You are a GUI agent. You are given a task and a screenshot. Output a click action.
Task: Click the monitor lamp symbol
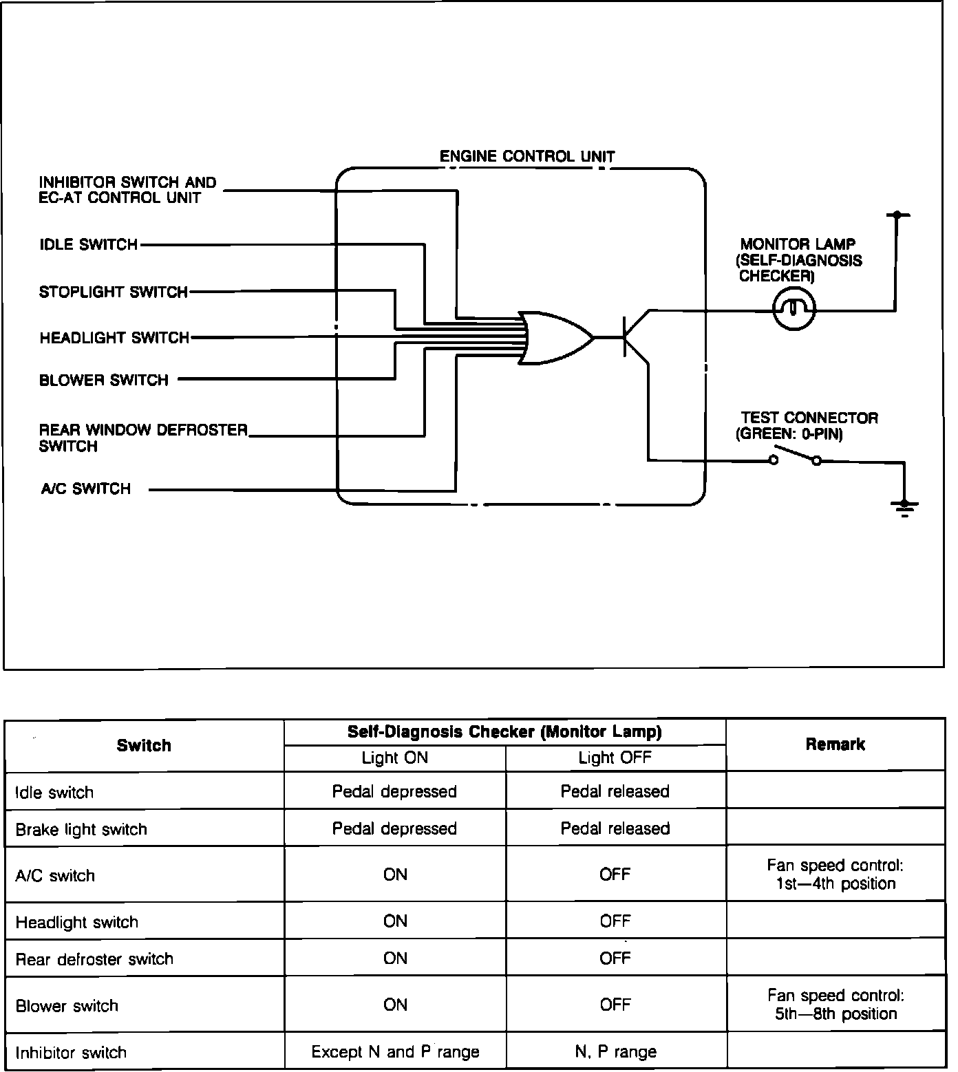[x=794, y=310]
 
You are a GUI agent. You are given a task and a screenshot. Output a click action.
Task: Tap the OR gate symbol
[x=555, y=337]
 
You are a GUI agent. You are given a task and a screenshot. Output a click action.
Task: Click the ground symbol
[x=904, y=508]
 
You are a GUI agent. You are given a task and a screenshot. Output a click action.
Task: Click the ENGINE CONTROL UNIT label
[x=526, y=156]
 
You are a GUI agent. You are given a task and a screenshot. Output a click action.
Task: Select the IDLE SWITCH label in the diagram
[x=89, y=245]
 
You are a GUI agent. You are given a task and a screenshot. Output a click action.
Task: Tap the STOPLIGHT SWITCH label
[x=114, y=292]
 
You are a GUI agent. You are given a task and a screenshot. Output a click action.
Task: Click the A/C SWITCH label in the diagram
[x=86, y=489]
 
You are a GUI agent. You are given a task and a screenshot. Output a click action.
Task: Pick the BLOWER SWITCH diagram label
[x=104, y=380]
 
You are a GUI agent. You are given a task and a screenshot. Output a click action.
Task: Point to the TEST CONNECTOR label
[x=809, y=418]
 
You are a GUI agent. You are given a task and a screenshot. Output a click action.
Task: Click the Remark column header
[x=835, y=744]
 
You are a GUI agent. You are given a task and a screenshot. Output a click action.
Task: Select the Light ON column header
[x=394, y=758]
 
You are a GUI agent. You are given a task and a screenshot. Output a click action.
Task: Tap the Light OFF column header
[x=615, y=758]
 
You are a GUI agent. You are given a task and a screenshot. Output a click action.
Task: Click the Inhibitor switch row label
[x=71, y=1052]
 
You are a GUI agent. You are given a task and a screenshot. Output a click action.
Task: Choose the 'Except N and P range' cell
[x=395, y=1051]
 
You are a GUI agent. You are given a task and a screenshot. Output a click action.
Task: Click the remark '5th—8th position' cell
[x=835, y=1005]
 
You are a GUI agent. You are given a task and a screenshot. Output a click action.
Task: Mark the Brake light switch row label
[x=81, y=829]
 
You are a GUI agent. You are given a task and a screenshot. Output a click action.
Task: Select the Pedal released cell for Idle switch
[x=615, y=791]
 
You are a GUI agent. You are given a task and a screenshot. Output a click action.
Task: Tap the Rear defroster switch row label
[x=94, y=958]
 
